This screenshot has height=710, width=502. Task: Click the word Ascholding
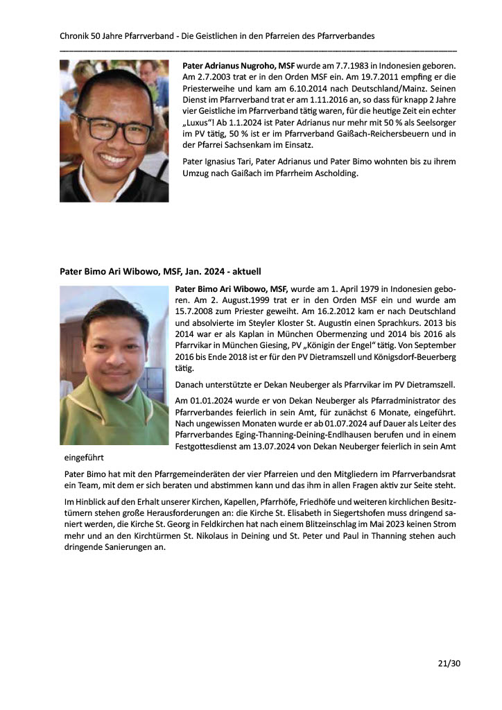coord(335,173)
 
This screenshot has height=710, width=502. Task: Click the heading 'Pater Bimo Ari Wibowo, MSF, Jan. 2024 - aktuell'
coord(160,271)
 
